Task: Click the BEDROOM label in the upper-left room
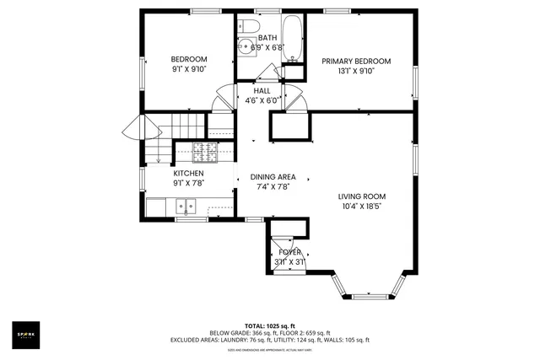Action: click(189, 59)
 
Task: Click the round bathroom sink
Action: click(247, 47)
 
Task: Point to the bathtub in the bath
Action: click(292, 39)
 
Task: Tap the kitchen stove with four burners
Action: click(205, 153)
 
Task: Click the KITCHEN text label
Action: click(188, 172)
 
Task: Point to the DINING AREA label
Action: click(273, 177)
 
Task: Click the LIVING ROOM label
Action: click(363, 195)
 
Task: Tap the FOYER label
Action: click(289, 252)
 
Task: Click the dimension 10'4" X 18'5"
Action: click(363, 206)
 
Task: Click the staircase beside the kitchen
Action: click(157, 139)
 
